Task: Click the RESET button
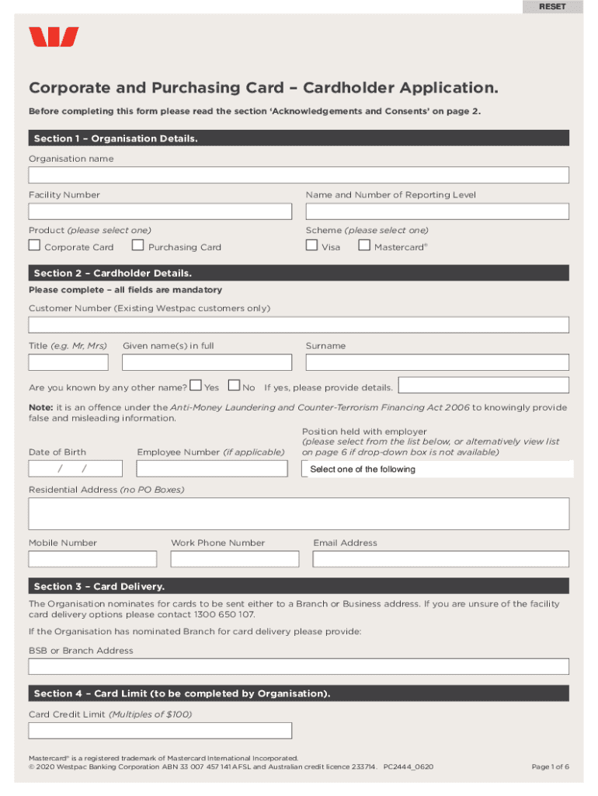(x=553, y=7)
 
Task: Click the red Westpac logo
(x=54, y=37)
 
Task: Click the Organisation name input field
(x=299, y=175)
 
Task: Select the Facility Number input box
(x=160, y=211)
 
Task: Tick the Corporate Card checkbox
(x=34, y=246)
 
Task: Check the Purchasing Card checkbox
(x=138, y=246)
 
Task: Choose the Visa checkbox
(x=311, y=246)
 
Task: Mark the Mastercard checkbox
(x=364, y=246)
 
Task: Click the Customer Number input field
(x=299, y=325)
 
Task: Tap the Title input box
(x=68, y=362)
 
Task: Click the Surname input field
(x=437, y=362)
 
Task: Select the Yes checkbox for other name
(x=196, y=386)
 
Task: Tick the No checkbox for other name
(x=234, y=386)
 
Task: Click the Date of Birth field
(x=75, y=469)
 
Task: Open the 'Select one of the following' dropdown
(x=437, y=469)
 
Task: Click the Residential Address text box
(x=299, y=514)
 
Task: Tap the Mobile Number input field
(x=92, y=559)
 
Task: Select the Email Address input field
(x=441, y=559)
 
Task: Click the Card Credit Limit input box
(x=160, y=731)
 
